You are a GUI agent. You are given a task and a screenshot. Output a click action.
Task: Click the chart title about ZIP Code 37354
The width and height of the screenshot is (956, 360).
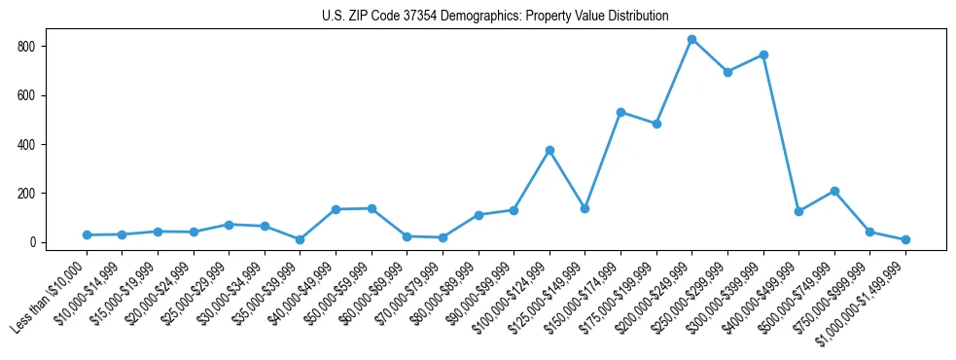click(495, 16)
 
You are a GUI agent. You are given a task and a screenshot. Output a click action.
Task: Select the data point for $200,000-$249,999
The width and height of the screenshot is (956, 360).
click(691, 40)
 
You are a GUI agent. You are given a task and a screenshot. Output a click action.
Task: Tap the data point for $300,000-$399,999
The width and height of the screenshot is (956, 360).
click(763, 54)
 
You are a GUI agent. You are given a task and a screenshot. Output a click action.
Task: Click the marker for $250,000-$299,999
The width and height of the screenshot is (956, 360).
click(727, 72)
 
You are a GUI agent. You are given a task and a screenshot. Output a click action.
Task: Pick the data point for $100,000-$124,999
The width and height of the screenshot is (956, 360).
click(549, 150)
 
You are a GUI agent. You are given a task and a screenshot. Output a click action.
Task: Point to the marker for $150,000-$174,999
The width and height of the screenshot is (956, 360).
click(620, 112)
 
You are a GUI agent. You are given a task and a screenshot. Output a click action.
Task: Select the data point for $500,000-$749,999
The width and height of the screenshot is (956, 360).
click(834, 191)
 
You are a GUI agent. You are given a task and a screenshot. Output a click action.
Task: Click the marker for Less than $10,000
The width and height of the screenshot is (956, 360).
click(87, 234)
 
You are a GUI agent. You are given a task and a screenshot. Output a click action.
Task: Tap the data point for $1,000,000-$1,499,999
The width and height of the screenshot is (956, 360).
click(905, 239)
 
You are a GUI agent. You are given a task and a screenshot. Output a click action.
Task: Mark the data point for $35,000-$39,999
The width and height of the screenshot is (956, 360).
click(300, 239)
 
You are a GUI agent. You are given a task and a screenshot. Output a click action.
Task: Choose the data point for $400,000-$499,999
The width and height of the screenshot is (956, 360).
click(798, 211)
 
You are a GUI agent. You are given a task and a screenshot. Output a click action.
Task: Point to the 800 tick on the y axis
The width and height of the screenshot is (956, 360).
click(51, 47)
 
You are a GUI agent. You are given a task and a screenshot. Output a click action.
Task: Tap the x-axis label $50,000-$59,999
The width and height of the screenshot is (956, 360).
click(336, 293)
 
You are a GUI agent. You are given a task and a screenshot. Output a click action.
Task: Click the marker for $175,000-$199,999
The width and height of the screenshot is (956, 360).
click(656, 124)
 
